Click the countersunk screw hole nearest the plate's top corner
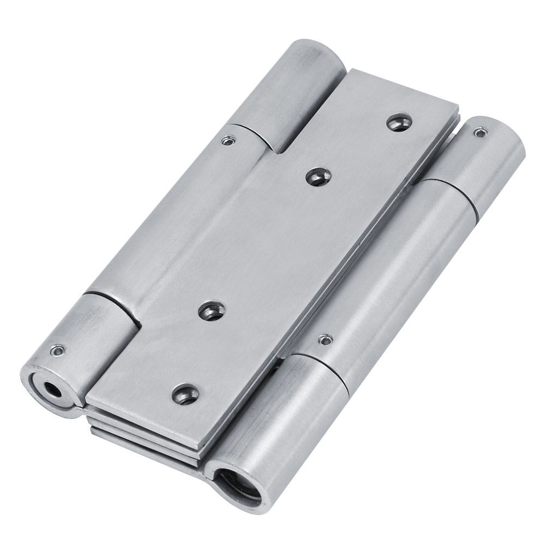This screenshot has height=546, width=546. click(x=399, y=122)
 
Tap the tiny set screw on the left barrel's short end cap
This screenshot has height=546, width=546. click(x=57, y=351)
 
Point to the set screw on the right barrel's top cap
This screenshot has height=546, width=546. click(x=479, y=131)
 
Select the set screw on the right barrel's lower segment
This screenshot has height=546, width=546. click(x=325, y=340)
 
